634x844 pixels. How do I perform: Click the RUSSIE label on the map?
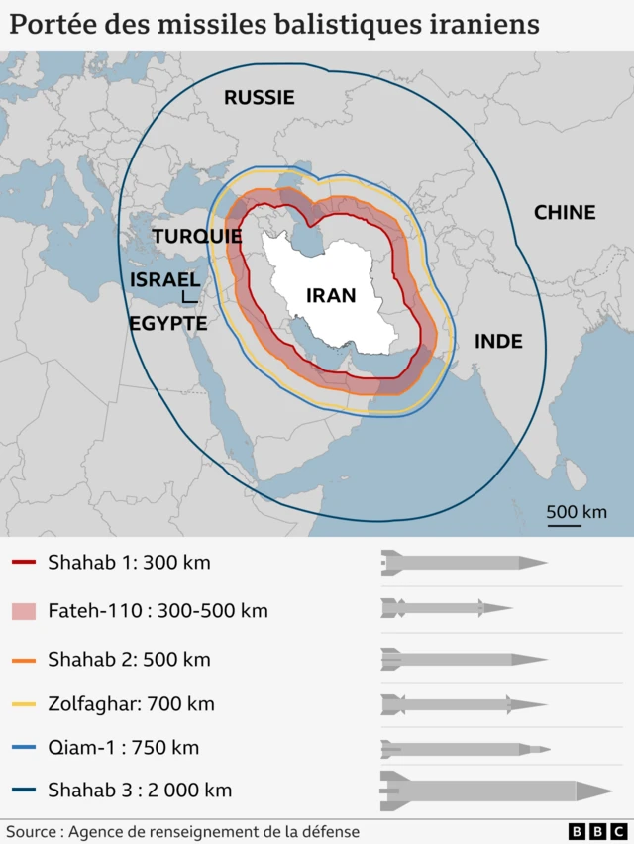click(x=259, y=97)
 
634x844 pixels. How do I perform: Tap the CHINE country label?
click(x=565, y=212)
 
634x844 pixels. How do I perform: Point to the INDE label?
click(x=498, y=342)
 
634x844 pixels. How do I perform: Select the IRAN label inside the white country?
click(x=331, y=295)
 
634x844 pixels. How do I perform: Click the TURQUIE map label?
click(x=197, y=237)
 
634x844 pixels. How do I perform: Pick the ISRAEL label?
click(x=164, y=280)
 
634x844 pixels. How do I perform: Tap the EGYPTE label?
click(x=167, y=324)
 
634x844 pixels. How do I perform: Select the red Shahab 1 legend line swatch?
click(x=24, y=564)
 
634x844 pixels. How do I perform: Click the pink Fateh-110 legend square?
click(x=24, y=611)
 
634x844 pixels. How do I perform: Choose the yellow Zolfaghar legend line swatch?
click(x=24, y=705)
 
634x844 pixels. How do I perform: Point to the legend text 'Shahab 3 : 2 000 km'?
click(x=140, y=791)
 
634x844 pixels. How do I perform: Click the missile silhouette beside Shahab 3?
click(x=495, y=790)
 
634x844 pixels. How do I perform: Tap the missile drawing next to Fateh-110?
click(x=446, y=608)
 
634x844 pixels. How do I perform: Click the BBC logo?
click(x=597, y=832)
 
